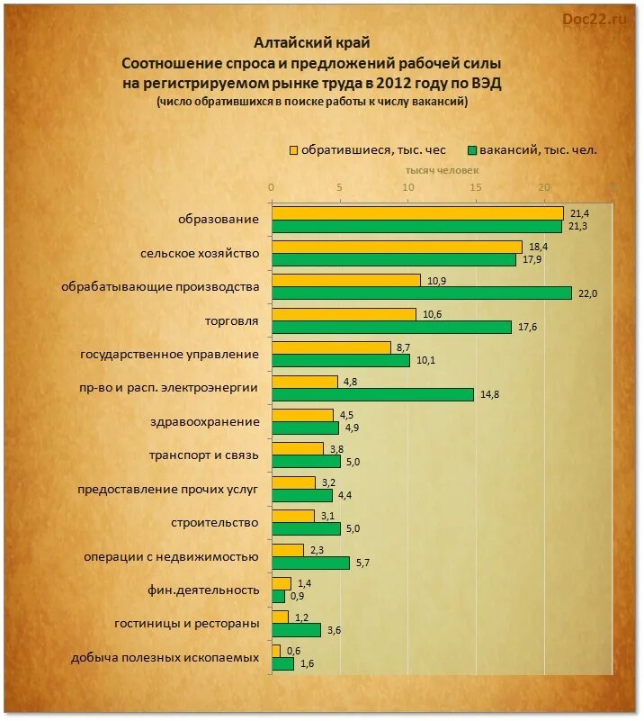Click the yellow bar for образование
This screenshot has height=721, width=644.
point(416,213)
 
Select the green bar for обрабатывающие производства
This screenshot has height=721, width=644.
point(421,293)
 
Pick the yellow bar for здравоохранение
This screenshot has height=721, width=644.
point(302,415)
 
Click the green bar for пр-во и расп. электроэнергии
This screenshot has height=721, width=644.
point(372,394)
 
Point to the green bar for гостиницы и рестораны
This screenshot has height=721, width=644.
point(296,630)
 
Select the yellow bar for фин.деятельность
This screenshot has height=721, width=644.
point(281,583)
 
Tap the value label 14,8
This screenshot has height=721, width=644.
point(490,394)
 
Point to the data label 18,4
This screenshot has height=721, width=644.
point(539,247)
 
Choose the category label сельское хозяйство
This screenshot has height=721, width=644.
point(200,253)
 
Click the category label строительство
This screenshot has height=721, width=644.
point(215,522)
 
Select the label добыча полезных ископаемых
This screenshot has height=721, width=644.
point(165,657)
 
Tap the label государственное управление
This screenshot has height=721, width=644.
point(170,354)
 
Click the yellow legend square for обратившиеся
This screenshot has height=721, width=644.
point(293,150)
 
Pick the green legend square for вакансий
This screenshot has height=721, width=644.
point(471,150)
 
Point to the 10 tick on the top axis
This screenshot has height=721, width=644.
point(407,187)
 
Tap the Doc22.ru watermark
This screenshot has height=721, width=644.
point(595,18)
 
